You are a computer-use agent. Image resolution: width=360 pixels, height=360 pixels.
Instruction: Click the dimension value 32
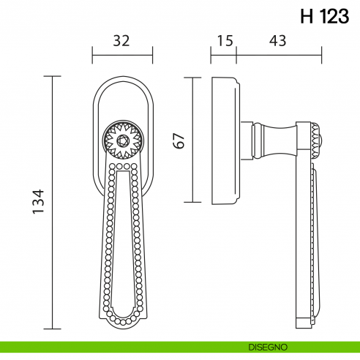tap(121, 42)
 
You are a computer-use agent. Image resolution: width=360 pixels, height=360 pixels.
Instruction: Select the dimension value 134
tap(39, 203)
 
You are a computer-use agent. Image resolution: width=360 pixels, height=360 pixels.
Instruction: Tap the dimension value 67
tap(179, 140)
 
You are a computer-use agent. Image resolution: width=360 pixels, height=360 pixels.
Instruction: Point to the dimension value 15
tap(224, 42)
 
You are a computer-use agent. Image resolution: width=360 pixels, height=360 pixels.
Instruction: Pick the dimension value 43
tap(277, 42)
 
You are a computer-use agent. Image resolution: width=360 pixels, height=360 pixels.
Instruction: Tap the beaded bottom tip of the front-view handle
tap(121, 319)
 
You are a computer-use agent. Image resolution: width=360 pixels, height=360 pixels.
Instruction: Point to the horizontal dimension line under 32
tap(121, 53)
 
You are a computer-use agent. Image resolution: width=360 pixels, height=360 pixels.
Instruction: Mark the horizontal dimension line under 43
tap(278, 53)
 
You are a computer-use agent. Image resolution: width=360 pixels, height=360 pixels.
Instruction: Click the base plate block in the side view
tap(224, 139)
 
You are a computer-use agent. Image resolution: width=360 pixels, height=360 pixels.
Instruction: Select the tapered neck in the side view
tap(271, 139)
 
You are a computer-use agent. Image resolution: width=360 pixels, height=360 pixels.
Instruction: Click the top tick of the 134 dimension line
tap(53, 75)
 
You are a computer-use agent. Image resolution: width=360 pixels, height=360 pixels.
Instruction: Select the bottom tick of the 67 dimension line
tap(193, 203)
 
